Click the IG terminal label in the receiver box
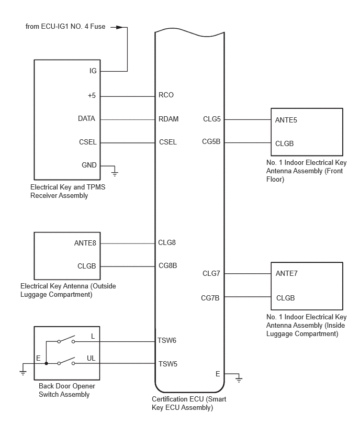coord(93,71)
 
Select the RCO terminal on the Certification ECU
coord(166,95)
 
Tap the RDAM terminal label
coord(168,119)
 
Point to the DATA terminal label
coord(86,119)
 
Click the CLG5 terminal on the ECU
coord(212,119)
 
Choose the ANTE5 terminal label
coord(286,120)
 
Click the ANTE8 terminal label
coord(85,242)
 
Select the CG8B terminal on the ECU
coord(168,265)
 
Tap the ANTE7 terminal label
coord(286,273)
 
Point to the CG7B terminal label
coord(210,298)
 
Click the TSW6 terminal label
coord(167,340)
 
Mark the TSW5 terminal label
coord(167,364)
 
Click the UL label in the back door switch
coord(91,359)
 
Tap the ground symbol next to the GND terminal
coord(115,172)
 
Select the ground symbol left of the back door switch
coord(23,371)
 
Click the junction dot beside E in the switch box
coord(46,363)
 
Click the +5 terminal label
coord(92,96)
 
